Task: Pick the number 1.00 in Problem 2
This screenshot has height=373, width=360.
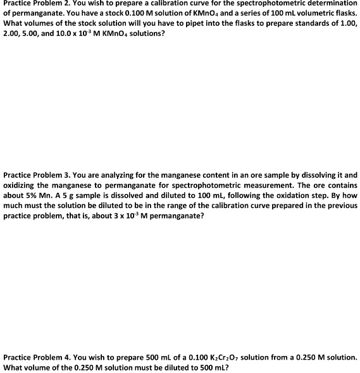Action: [348, 23]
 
